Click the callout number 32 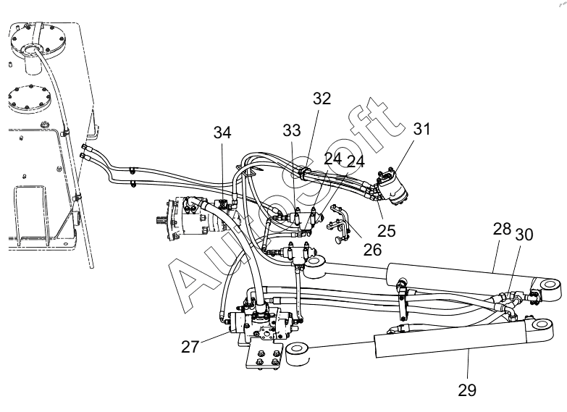pos(322,98)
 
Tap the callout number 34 pos(222,133)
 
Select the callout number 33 pos(292,130)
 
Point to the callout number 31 pos(421,128)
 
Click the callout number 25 pos(387,231)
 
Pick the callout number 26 pos(372,250)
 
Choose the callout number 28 pos(503,229)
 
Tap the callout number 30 pos(524,235)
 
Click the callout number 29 pos(467,390)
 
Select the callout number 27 pos(190,347)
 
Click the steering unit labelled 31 pos(394,188)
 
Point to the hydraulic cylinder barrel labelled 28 pos(459,277)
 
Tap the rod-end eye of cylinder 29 pos(297,353)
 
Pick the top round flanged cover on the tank pos(38,41)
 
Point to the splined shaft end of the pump pos(161,219)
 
